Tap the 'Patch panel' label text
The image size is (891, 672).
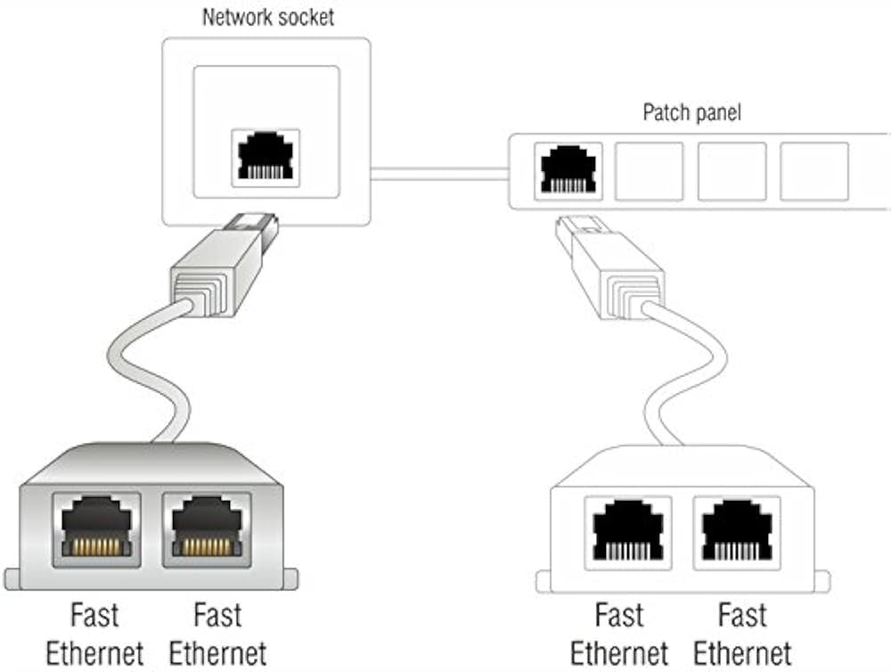pyautogui.click(x=691, y=113)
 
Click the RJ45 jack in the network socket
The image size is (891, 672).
pyautogui.click(x=266, y=158)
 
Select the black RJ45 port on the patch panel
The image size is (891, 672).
pyautogui.click(x=569, y=169)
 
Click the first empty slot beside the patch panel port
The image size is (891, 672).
pyautogui.click(x=649, y=170)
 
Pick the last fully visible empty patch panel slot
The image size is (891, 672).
pyautogui.click(x=813, y=170)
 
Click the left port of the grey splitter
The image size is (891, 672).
pyautogui.click(x=96, y=529)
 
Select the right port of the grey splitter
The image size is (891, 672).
pyautogui.click(x=206, y=529)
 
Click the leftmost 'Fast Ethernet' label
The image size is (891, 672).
pyautogui.click(x=94, y=634)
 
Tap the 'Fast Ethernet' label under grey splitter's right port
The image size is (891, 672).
pyautogui.click(x=217, y=634)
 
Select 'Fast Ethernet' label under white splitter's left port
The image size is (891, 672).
pyautogui.click(x=619, y=634)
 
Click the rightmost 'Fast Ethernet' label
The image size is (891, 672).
pyautogui.click(x=742, y=634)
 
